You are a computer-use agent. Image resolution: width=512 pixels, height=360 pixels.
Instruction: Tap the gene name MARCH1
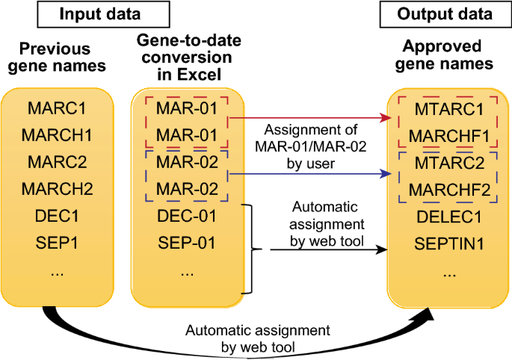[x=57, y=135]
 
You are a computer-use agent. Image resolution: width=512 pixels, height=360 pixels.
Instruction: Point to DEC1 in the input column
[x=57, y=216]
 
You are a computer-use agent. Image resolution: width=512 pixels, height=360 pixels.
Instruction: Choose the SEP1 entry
[x=57, y=243]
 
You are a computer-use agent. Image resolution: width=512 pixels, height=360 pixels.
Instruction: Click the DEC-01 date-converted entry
[x=187, y=216]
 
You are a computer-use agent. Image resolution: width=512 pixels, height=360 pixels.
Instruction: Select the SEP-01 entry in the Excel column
[x=187, y=243]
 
